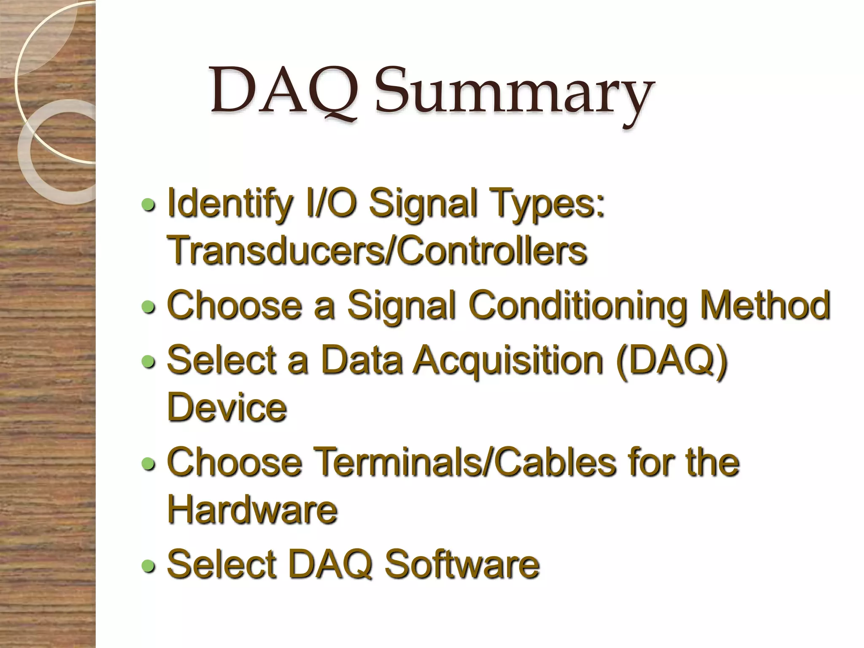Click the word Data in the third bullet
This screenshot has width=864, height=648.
tap(361, 360)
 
